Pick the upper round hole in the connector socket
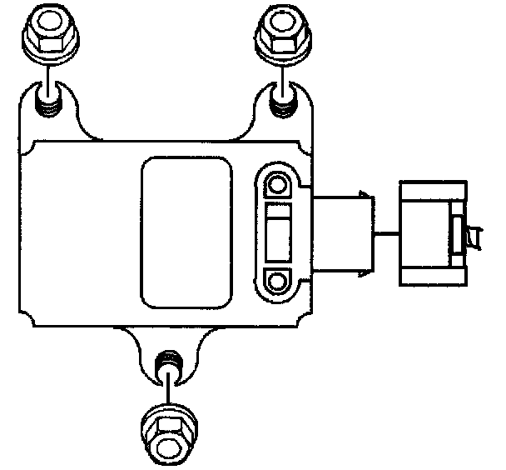(278, 183)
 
